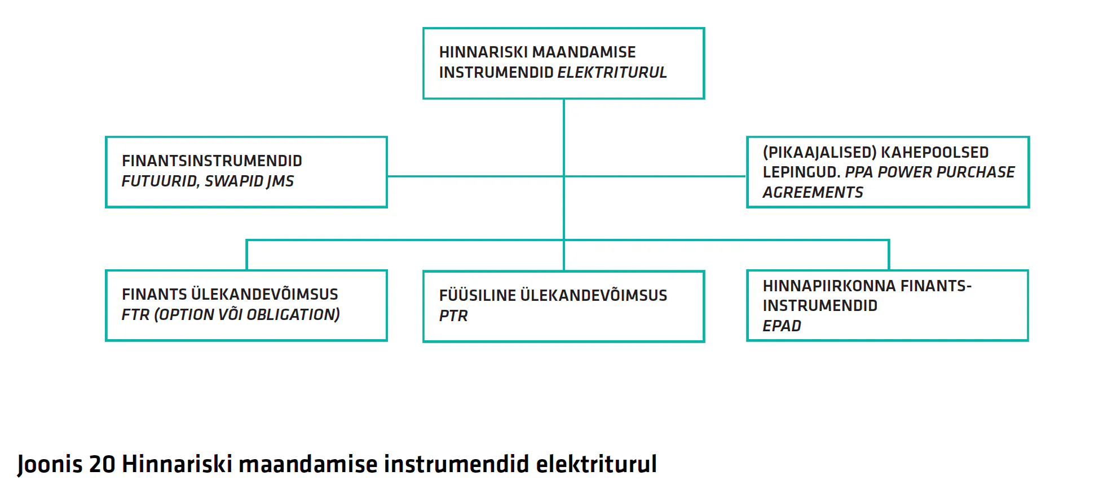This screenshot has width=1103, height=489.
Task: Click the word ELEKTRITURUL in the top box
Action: point(612,72)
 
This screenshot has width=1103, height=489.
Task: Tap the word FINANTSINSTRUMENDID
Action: point(212,161)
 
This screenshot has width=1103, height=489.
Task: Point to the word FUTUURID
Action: point(160,181)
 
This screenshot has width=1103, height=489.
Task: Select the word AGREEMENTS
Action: point(813,192)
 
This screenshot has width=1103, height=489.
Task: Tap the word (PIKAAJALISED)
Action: point(819,152)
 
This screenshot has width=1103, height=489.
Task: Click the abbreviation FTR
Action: point(135,314)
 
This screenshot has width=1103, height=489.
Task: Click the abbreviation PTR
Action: point(453,315)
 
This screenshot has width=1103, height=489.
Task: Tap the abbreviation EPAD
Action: point(782,326)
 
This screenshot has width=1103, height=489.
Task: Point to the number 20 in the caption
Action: point(102,464)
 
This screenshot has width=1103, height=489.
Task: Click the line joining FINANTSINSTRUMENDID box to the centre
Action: point(475,176)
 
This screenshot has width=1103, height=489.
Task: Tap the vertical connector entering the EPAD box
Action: point(889,255)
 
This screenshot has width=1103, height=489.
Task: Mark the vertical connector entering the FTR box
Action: point(246,255)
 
